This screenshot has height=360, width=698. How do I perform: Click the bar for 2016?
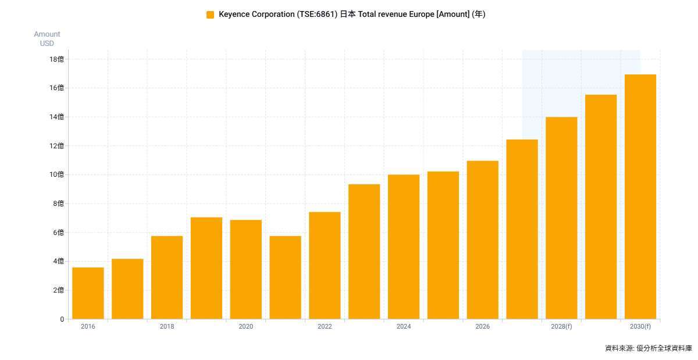[88, 293]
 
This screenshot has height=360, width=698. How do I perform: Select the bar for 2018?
[167, 277]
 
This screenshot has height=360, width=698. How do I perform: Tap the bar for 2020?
[246, 269]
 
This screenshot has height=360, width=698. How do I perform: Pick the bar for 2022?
[325, 265]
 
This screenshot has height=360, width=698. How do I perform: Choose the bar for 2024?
[404, 247]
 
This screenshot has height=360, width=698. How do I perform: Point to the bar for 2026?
[483, 240]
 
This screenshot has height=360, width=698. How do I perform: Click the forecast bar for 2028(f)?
[561, 218]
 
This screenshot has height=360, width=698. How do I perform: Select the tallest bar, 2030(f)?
[640, 197]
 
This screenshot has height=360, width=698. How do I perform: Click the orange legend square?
[211, 15]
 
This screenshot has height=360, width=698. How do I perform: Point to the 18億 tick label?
[56, 59]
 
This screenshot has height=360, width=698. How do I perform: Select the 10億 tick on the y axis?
[56, 174]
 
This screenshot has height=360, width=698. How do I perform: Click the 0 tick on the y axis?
[62, 319]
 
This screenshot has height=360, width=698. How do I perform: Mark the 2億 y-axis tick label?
[58, 290]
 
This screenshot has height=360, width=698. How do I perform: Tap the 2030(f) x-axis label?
[640, 326]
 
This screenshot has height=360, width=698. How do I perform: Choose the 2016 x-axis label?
[88, 326]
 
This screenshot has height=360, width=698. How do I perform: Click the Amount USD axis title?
[47, 38]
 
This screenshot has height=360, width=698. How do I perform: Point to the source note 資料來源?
[618, 348]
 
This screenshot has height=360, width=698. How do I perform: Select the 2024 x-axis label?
[404, 326]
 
